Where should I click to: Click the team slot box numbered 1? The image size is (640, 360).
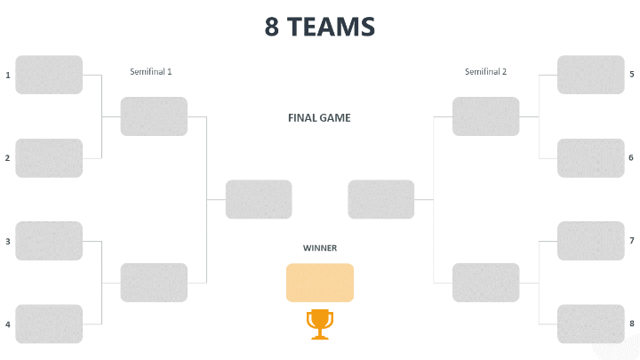click(49, 75)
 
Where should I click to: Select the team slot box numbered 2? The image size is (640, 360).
click(49, 158)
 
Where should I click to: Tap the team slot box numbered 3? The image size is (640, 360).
click(49, 241)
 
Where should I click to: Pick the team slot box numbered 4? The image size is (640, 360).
click(49, 324)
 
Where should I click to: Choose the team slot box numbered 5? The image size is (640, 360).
click(590, 75)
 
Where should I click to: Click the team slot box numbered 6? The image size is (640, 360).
click(590, 158)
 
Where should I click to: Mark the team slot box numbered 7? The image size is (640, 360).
click(590, 241)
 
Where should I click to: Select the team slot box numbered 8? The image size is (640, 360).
click(590, 324)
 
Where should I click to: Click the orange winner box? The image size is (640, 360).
click(320, 283)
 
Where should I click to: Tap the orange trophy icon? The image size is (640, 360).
click(320, 324)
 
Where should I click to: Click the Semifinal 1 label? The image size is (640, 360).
click(151, 71)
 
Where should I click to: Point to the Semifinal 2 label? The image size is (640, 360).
click(486, 71)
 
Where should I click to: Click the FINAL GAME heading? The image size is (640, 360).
click(319, 117)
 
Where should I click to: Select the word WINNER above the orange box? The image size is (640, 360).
click(320, 248)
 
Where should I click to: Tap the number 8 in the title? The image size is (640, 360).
click(272, 27)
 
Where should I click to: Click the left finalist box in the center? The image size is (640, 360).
click(259, 199)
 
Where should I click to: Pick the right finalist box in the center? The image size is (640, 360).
click(381, 199)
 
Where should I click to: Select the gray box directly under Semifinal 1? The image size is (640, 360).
click(154, 116)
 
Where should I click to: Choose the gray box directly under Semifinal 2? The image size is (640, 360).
click(485, 116)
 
